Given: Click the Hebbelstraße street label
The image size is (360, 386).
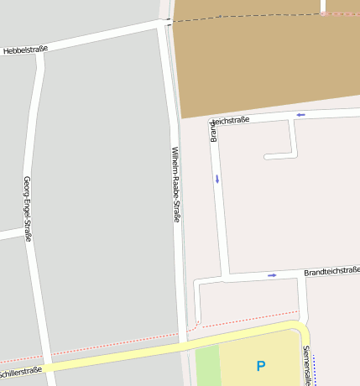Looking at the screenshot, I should [25, 50].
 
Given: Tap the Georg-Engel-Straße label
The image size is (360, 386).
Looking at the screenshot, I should [28, 209].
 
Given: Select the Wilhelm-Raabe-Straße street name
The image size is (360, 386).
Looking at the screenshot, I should [176, 185].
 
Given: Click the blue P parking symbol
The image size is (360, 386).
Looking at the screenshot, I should [260, 366].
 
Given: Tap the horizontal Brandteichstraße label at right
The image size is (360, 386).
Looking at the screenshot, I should [331, 270].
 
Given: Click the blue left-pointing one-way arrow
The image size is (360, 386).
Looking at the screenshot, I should [300, 114].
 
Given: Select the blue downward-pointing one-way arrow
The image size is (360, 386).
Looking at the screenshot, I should [217, 178].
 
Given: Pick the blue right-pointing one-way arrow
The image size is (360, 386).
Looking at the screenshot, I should [272, 274].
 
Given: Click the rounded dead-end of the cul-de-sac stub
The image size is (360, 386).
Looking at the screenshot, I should [267, 156].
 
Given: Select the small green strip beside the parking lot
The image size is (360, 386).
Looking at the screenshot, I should [206, 365].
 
